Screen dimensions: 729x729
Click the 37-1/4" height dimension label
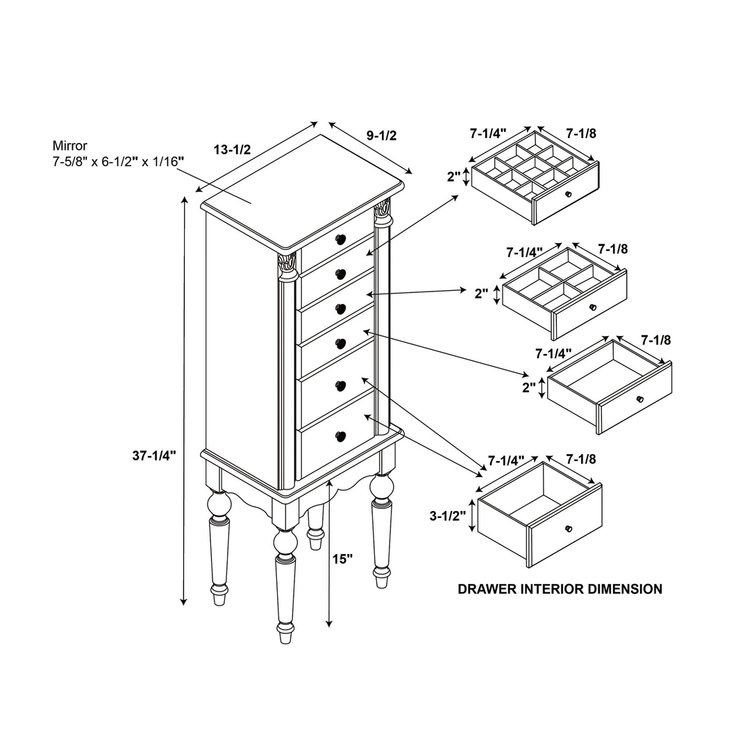(154, 455)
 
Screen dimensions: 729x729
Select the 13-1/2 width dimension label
(231, 150)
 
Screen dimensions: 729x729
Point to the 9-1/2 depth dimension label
(382, 135)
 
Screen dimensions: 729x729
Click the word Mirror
(69, 146)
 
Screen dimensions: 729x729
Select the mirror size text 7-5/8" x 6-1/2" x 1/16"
(118, 161)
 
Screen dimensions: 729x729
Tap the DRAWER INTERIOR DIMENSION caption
(560, 589)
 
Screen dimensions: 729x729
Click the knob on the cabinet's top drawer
(340, 240)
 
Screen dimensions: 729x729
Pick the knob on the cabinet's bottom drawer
(340, 436)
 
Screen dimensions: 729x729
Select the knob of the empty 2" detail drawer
(639, 399)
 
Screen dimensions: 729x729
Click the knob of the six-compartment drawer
(592, 307)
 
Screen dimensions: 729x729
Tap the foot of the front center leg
(285, 632)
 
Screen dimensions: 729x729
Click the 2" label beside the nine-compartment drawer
(454, 176)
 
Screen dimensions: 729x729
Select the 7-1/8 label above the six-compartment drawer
(612, 249)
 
